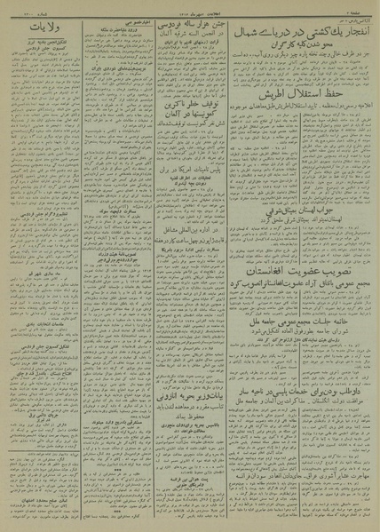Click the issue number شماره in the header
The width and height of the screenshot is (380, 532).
pyautogui.click(x=28, y=7)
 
